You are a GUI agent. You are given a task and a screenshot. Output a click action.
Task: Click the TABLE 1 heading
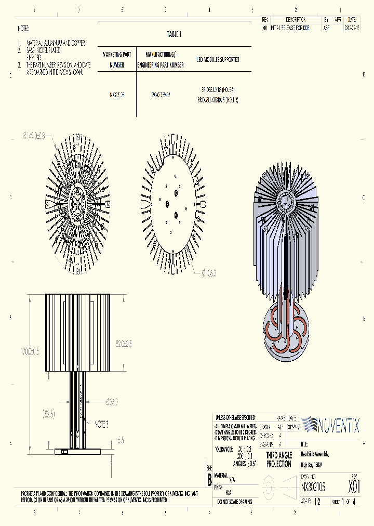(174, 34)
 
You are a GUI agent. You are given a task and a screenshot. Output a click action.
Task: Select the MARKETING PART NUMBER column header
(117, 60)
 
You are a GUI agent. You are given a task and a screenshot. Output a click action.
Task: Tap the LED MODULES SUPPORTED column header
(218, 60)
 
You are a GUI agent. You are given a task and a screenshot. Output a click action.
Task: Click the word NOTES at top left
(24, 29)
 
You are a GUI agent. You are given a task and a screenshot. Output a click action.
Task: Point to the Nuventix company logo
(330, 425)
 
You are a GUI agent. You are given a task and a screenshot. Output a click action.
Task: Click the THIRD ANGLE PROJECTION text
(279, 460)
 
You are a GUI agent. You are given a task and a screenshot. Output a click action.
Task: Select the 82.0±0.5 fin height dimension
(124, 344)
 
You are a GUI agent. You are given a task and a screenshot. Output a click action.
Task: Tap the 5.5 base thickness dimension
(120, 440)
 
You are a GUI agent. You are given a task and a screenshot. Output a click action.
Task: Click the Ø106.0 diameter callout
(208, 272)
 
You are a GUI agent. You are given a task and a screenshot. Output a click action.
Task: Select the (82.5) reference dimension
(47, 414)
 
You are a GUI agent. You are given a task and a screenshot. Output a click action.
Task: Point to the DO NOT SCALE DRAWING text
(234, 502)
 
